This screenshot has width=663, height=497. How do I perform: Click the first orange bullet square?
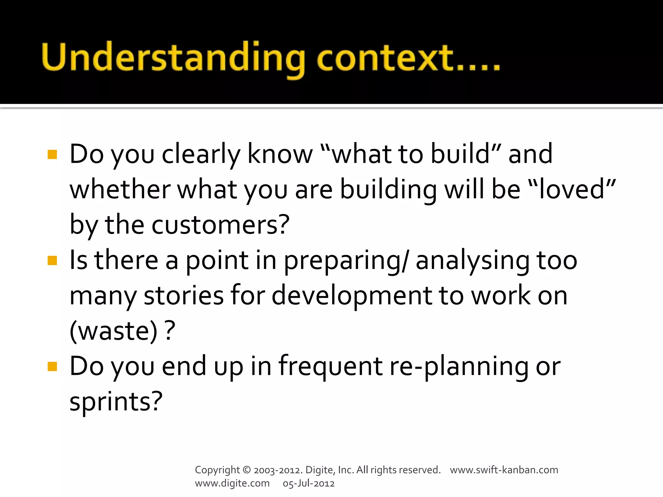click(x=52, y=155)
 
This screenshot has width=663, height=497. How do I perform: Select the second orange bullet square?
click(x=52, y=260)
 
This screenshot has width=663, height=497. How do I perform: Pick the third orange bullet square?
click(x=52, y=367)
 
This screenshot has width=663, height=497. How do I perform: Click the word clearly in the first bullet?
click(x=201, y=155)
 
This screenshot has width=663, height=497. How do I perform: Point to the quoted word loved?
click(x=571, y=190)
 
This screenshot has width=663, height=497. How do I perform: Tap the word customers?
click(x=220, y=225)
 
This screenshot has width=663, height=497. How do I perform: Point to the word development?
click(x=351, y=296)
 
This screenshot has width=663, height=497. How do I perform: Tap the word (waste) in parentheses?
click(x=113, y=331)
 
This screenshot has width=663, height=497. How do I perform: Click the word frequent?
click(x=330, y=367)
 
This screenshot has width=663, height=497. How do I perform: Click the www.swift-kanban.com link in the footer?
click(x=504, y=470)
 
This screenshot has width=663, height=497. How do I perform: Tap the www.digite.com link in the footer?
click(x=232, y=483)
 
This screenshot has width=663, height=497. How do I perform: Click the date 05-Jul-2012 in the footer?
click(x=309, y=483)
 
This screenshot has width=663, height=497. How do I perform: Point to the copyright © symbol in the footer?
click(x=246, y=470)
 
